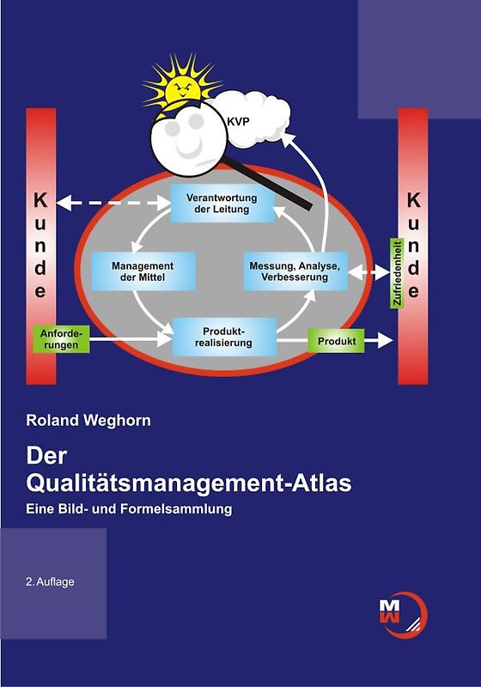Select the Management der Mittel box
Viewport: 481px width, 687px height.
pyautogui.click(x=143, y=271)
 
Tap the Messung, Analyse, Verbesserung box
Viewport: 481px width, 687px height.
pyautogui.click(x=295, y=271)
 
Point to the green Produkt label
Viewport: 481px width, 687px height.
pyautogui.click(x=337, y=341)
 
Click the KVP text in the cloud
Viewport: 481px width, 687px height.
pyautogui.click(x=238, y=123)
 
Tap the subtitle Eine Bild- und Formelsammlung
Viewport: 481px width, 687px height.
pyautogui.click(x=130, y=508)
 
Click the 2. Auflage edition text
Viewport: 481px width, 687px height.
pyautogui.click(x=50, y=581)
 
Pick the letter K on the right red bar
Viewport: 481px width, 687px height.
pyautogui.click(x=413, y=200)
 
